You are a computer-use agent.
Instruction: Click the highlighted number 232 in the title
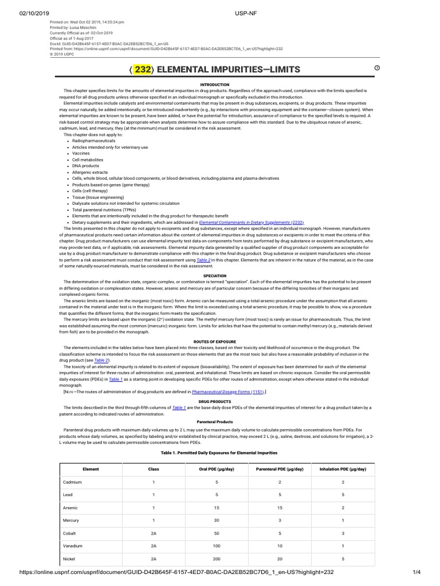coord(143,70)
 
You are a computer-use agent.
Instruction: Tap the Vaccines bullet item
coord(81,153)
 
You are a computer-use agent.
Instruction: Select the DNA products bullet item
coord(85,165)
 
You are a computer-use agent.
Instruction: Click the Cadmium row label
coord(72,482)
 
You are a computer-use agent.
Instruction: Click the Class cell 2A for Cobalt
coord(153,532)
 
